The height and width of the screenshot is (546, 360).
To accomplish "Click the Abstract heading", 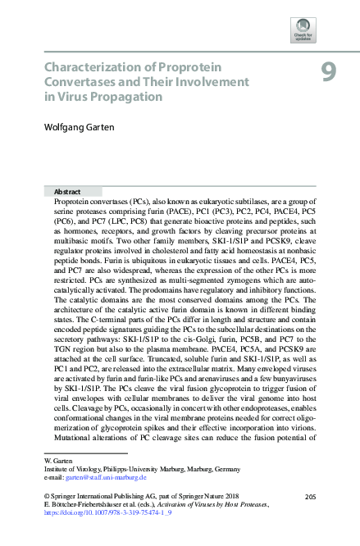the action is (x=66, y=190).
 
